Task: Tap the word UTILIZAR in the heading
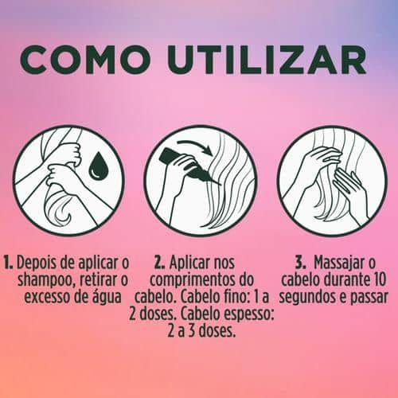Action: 267,60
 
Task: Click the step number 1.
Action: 8,263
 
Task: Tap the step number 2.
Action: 160,263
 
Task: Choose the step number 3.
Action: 301,263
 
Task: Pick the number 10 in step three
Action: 378,280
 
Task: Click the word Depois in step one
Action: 37,263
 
